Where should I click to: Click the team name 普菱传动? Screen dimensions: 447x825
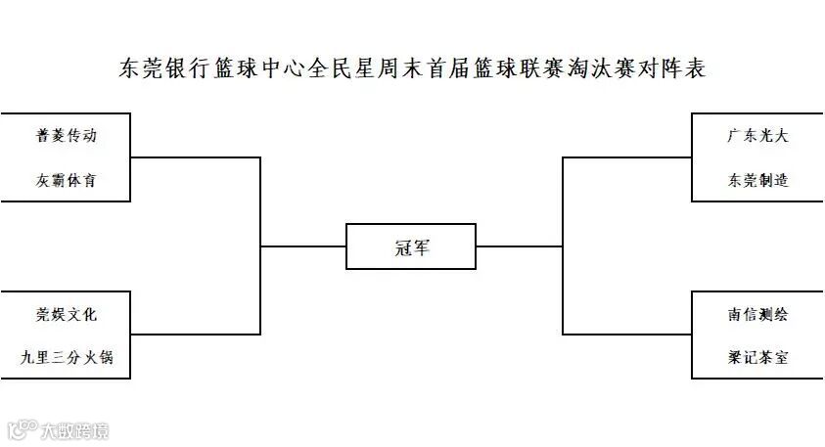point(67,136)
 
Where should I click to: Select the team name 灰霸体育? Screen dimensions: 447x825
point(67,181)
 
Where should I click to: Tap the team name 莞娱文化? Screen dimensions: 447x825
point(67,314)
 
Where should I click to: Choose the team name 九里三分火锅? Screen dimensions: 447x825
point(67,358)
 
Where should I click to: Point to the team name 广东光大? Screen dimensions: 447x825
point(757,136)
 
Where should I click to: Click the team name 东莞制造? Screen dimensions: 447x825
point(757,181)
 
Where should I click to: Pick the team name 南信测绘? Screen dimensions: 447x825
point(757,314)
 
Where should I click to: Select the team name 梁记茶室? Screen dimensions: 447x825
point(757,358)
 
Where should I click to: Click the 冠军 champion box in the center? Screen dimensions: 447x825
point(411,246)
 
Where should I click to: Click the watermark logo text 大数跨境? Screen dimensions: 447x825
point(73,429)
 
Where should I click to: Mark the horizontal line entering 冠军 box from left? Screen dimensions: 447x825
point(303,246)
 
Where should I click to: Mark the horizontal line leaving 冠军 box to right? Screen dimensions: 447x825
point(519,246)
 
